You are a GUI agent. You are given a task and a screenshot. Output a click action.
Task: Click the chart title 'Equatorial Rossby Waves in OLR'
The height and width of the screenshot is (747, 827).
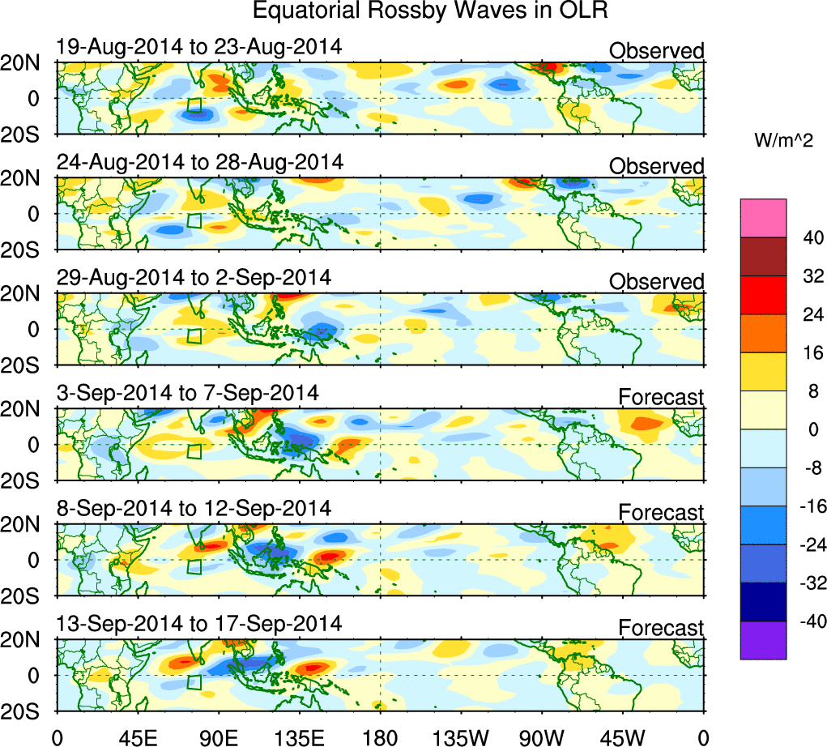[430, 11]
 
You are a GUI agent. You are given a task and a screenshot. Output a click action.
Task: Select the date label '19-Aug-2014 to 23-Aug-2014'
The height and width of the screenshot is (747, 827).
[199, 47]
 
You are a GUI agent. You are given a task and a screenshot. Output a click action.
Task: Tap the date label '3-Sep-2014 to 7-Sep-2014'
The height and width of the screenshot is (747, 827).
[188, 393]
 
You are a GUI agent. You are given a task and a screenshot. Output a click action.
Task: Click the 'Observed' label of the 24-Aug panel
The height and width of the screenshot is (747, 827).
[657, 166]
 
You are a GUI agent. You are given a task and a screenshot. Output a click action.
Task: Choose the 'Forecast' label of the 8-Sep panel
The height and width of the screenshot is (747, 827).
[662, 512]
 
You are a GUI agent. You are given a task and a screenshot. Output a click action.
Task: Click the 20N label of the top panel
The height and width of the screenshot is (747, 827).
[28, 63]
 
